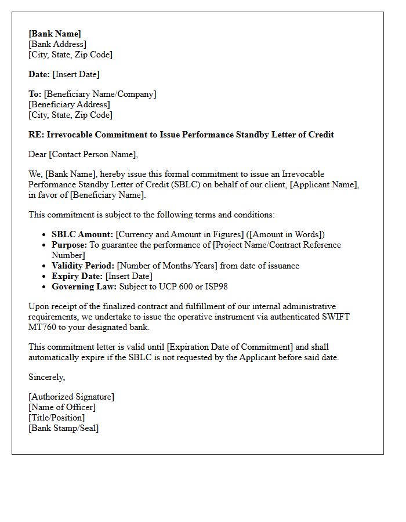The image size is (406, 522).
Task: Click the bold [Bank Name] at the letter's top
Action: click(55, 34)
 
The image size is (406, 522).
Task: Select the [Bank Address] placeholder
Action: click(57, 44)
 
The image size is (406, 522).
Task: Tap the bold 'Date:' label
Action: click(39, 74)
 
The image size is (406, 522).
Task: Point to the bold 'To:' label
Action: click(35, 94)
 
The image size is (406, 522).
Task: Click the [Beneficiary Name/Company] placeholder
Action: click(100, 94)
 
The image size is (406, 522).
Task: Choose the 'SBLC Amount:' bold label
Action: click(82, 234)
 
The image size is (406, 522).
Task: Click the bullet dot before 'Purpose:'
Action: click(45, 245)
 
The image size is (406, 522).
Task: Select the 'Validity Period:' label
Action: click(83, 266)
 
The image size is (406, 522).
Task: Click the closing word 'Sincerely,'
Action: click(47, 377)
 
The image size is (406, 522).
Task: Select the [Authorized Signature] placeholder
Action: click(71, 397)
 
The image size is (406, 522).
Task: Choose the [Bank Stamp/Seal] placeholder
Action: click(63, 428)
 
